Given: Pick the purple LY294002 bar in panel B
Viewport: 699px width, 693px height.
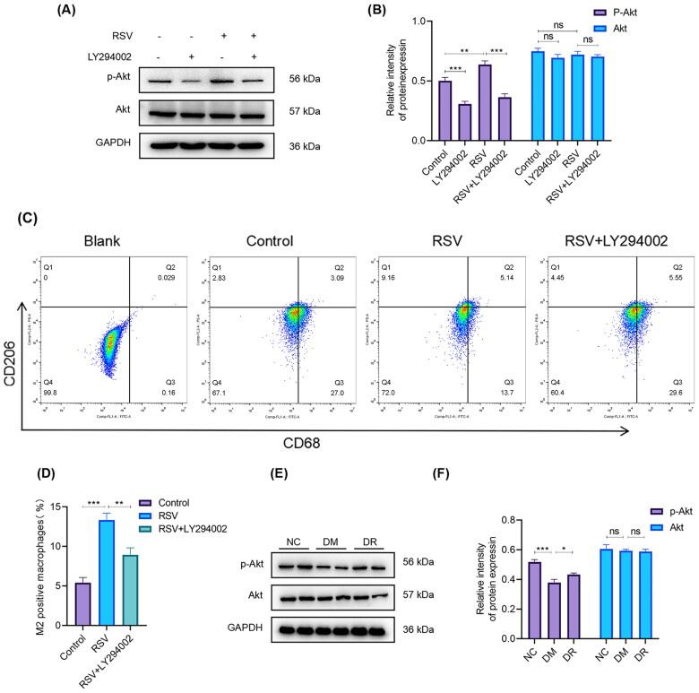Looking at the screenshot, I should (462, 122).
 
